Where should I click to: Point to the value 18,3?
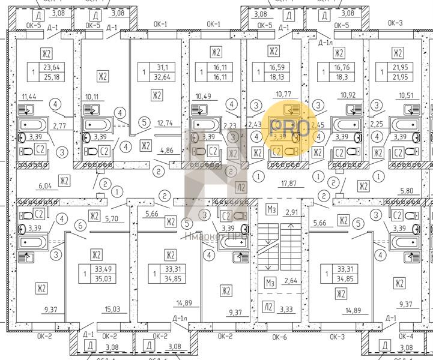pos(342,77)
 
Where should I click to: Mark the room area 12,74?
pos(165,123)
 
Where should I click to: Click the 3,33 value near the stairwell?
pos(286,310)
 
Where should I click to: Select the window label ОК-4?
pos(407,337)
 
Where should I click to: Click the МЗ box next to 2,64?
pos(270,282)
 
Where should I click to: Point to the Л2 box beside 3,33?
pos(268,307)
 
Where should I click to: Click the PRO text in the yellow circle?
pos(289,127)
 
